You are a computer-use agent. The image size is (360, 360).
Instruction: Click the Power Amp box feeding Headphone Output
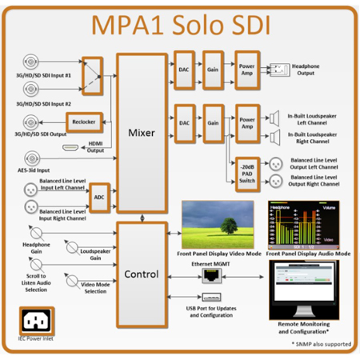[x=245, y=69]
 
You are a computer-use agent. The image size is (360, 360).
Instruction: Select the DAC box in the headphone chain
[x=183, y=69]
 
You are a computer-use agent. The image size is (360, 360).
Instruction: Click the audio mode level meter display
[x=306, y=226]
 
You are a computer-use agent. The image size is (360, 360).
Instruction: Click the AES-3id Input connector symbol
[x=32, y=157]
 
